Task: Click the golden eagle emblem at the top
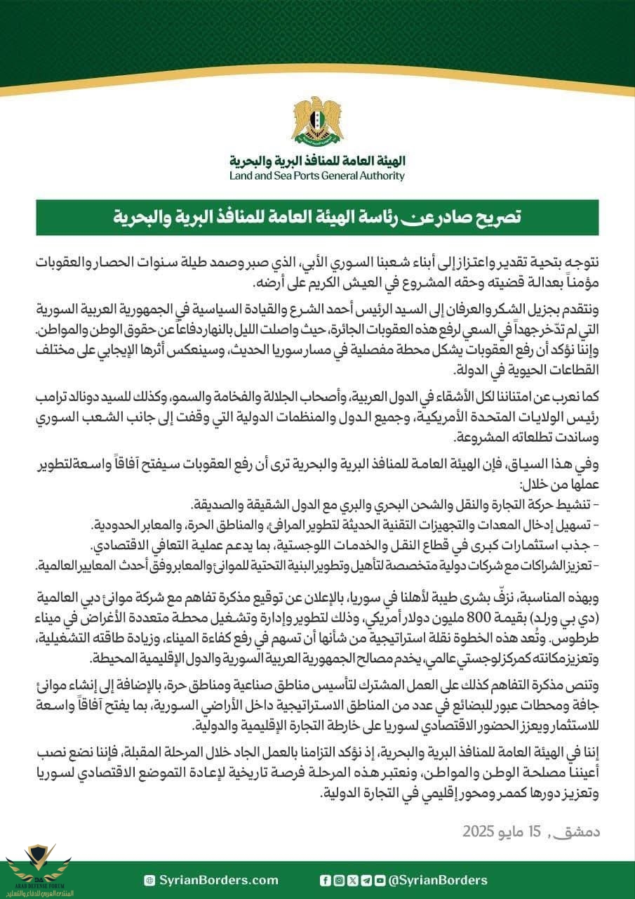click(317, 121)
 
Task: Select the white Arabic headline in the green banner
click(317, 217)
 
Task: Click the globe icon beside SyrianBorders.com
click(149, 880)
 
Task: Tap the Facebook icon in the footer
click(325, 880)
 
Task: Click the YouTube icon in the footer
click(380, 880)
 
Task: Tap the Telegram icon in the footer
click(366, 880)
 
